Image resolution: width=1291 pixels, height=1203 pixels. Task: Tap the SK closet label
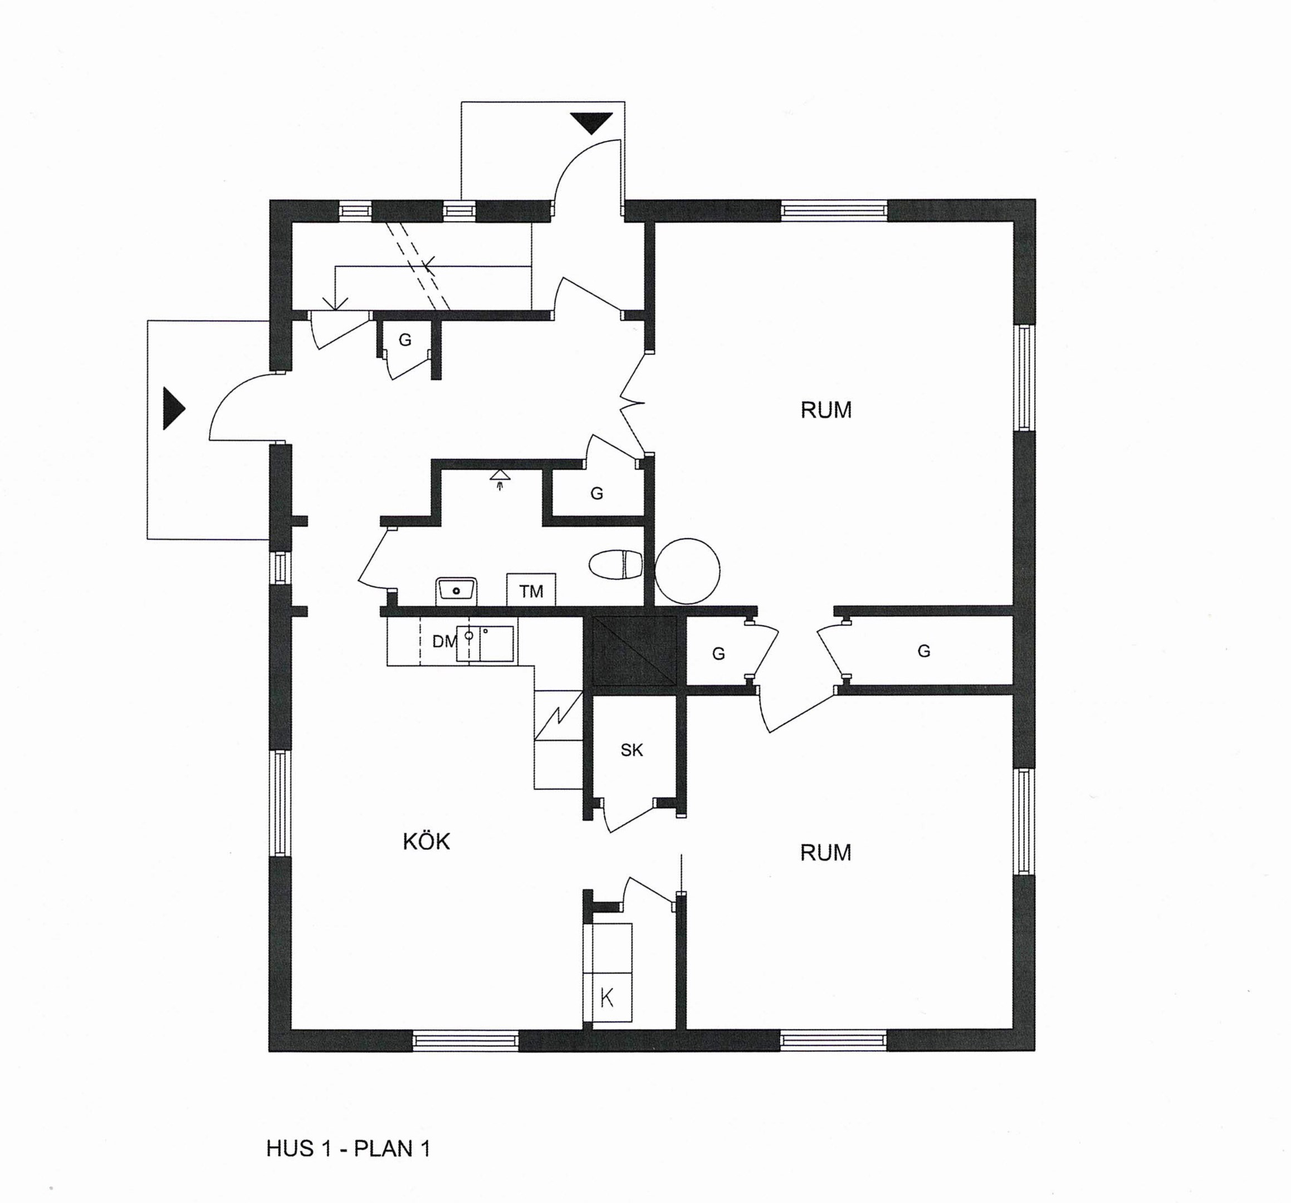point(631,750)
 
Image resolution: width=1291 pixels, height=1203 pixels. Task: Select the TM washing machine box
point(531,590)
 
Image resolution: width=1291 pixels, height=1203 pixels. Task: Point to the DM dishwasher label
point(445,642)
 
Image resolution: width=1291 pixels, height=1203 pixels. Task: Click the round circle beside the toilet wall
point(688,571)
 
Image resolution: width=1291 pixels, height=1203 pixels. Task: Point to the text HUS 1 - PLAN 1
point(348,1148)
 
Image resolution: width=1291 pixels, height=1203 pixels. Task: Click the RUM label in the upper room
point(826,410)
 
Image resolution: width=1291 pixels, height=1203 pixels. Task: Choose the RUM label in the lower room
point(825,852)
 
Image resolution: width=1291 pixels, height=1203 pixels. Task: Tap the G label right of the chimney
point(718,653)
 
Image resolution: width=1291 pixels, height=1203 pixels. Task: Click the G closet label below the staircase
point(404,340)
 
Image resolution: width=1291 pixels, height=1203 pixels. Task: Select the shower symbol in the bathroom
point(500,480)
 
